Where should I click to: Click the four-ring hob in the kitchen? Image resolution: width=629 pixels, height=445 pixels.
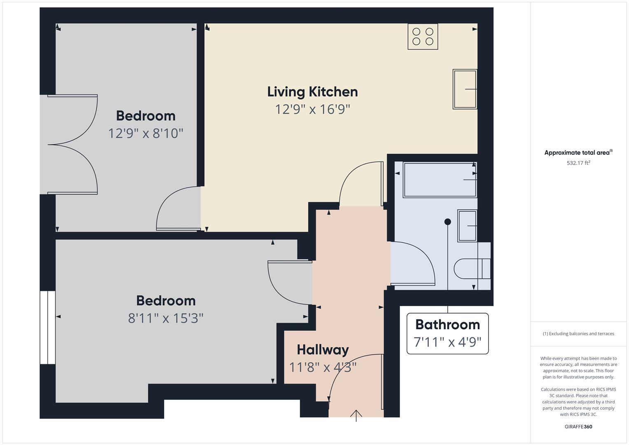pyautogui.click(x=423, y=37)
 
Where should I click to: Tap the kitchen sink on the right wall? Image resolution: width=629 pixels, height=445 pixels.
pyautogui.click(x=465, y=89)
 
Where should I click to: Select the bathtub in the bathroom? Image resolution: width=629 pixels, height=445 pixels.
pyautogui.click(x=440, y=180)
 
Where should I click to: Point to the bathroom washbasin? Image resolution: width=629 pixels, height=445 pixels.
pyautogui.click(x=467, y=225)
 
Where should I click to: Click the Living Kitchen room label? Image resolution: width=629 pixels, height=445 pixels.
pyautogui.click(x=312, y=91)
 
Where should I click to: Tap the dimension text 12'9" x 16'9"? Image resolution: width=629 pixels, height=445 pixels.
pyautogui.click(x=312, y=110)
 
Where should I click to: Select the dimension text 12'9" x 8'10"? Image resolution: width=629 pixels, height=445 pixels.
pyautogui.click(x=145, y=133)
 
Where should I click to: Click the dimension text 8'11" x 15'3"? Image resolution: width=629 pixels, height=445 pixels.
pyautogui.click(x=166, y=319)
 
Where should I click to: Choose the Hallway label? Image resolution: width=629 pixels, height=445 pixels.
pyautogui.click(x=323, y=350)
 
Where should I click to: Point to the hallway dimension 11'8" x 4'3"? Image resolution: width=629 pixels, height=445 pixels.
pyautogui.click(x=323, y=367)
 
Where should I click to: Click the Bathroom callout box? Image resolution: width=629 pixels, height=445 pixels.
pyautogui.click(x=447, y=333)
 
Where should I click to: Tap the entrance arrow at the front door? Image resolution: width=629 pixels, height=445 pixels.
pyautogui.click(x=356, y=415)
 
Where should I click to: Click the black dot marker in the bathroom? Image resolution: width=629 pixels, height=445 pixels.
pyautogui.click(x=448, y=222)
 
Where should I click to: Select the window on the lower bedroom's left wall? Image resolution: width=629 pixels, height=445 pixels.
pyautogui.click(x=47, y=328)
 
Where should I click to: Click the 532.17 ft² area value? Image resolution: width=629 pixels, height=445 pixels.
pyautogui.click(x=578, y=163)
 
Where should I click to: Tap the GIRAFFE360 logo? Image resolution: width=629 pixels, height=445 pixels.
pyautogui.click(x=578, y=426)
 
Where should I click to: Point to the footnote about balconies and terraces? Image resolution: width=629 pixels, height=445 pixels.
pyautogui.click(x=578, y=334)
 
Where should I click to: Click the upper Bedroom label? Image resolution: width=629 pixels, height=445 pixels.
pyautogui.click(x=145, y=116)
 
